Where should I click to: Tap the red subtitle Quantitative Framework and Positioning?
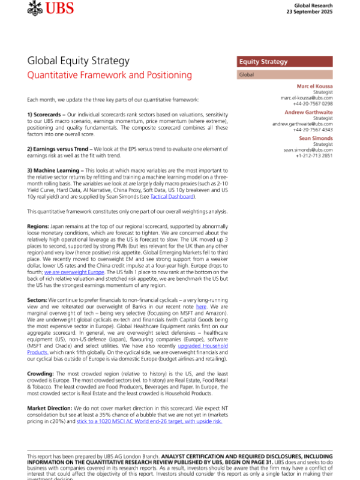tap(110, 76)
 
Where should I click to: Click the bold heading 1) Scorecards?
tap(48, 114)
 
